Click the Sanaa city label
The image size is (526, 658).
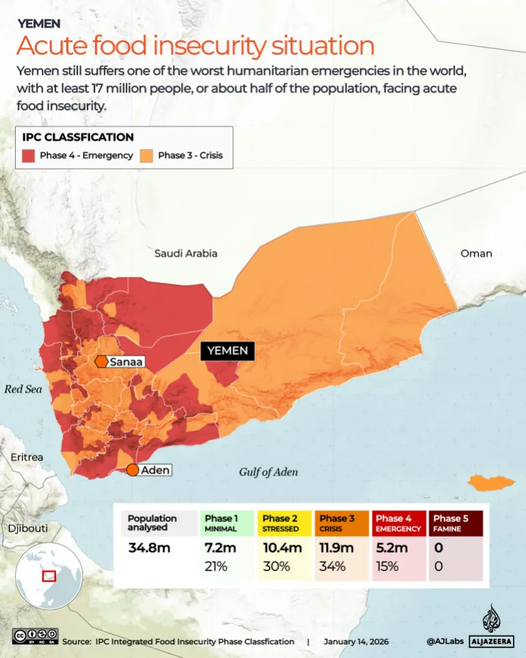pyautogui.click(x=126, y=361)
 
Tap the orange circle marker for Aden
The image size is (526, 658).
pyautogui.click(x=133, y=470)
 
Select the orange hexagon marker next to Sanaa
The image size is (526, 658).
pyautogui.click(x=101, y=361)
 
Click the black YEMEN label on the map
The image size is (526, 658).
pyautogui.click(x=227, y=351)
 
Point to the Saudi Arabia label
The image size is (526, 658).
pyautogui.click(x=186, y=253)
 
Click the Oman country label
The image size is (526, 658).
pyautogui.click(x=476, y=253)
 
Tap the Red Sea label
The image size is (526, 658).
pyautogui.click(x=23, y=389)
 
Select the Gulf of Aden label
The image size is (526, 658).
pyautogui.click(x=268, y=472)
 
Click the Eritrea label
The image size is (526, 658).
pyautogui.click(x=27, y=457)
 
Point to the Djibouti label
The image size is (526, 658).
pyautogui.click(x=28, y=528)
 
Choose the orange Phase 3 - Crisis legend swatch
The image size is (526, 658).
pyautogui.click(x=148, y=156)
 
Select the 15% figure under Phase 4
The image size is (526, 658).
pyautogui.click(x=387, y=566)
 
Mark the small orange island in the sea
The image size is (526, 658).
pyautogui.click(x=491, y=483)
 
